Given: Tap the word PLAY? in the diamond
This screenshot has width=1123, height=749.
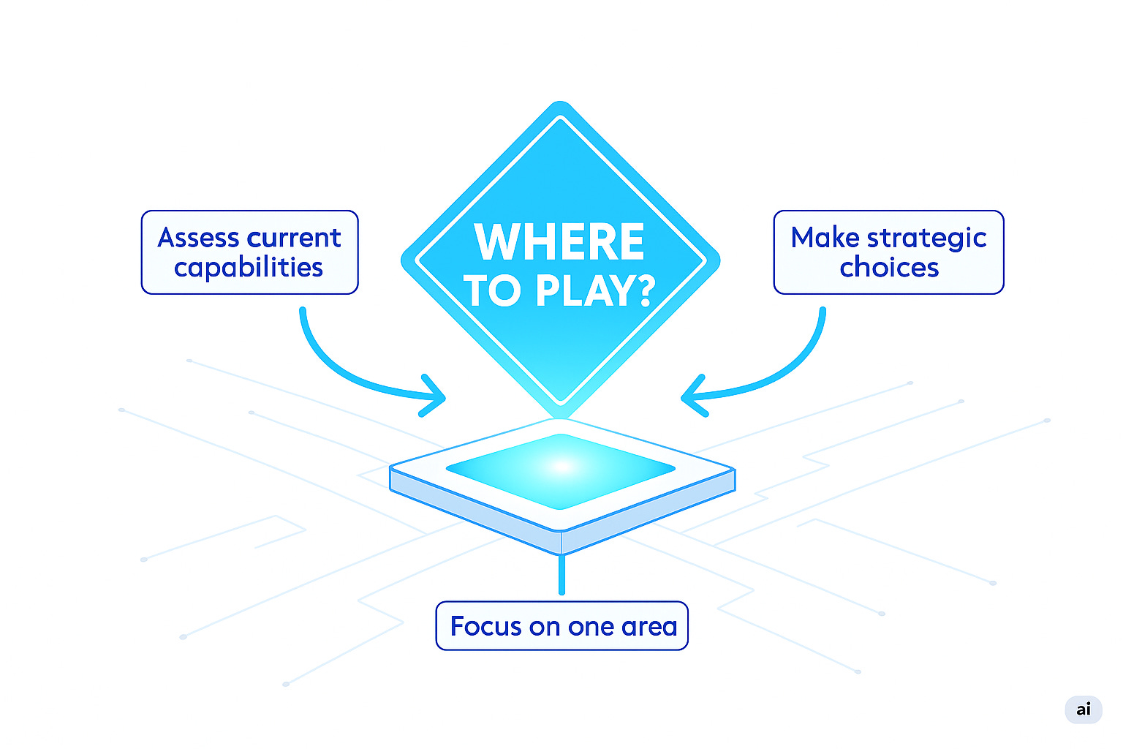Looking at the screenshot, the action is tap(595, 291).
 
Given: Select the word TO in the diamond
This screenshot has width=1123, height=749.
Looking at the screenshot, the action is tap(491, 291).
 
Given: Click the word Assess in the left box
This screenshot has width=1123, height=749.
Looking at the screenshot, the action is tap(198, 238).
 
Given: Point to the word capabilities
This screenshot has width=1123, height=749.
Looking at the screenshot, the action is tap(249, 268).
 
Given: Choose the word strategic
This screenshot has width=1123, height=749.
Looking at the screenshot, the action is tap(926, 238).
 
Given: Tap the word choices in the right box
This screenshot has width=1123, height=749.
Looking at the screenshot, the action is tap(889, 268).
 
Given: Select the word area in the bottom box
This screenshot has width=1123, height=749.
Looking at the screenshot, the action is tap(649, 627).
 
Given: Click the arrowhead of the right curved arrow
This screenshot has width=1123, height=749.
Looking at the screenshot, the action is tap(689, 397).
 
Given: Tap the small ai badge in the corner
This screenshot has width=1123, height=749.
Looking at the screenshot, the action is tap(1084, 709).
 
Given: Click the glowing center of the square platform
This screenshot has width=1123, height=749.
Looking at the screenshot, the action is tap(561, 466).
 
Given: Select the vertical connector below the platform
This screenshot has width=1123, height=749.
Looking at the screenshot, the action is tap(561, 575).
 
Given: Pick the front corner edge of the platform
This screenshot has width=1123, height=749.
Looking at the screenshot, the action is tap(561, 542).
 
